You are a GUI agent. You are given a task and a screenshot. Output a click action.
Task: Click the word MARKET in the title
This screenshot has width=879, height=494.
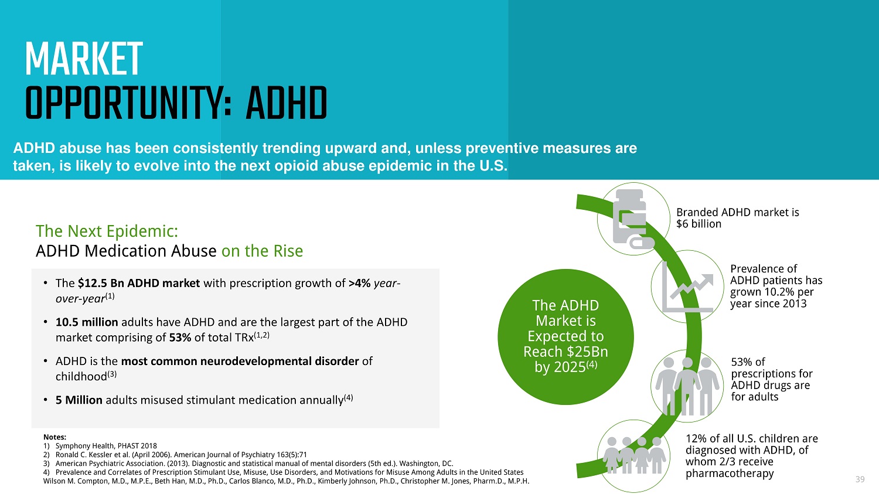(84, 59)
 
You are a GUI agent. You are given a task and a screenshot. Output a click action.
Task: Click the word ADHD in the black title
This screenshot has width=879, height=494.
(287, 103)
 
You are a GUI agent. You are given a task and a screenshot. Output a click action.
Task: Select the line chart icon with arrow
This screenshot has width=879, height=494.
(687, 287)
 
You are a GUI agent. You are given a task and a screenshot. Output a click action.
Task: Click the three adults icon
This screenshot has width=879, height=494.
(687, 386)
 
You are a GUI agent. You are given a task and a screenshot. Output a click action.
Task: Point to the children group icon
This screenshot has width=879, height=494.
(633, 455)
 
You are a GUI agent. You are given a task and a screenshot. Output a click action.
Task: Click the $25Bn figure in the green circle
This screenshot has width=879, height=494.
(585, 352)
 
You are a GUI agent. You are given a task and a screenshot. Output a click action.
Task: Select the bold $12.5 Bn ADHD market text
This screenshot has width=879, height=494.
(139, 283)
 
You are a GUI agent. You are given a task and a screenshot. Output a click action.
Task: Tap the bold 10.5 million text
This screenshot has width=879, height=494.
(87, 322)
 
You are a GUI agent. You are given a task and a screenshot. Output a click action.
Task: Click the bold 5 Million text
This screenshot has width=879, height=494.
(79, 400)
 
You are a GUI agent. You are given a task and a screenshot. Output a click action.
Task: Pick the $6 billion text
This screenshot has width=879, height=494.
(699, 224)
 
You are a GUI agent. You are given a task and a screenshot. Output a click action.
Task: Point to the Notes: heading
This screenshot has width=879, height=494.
(54, 437)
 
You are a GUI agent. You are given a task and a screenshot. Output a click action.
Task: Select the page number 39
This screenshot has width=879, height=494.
(860, 479)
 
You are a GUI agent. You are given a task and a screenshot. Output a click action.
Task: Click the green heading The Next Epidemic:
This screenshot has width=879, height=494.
(107, 231)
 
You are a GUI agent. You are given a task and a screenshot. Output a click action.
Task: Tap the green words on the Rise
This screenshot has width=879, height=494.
(262, 251)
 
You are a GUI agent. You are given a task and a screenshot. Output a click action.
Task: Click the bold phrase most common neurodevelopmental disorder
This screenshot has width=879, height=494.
(240, 361)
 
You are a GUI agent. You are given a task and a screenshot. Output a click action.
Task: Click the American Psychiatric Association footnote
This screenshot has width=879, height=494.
(248, 464)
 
